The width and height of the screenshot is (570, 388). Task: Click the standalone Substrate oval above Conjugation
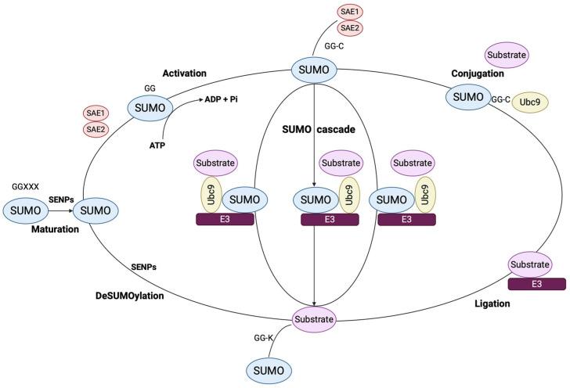point(507,56)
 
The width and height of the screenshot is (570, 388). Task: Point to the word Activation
point(184,74)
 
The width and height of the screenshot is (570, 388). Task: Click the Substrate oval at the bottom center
point(314,318)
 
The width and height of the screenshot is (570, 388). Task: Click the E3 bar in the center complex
point(330,221)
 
